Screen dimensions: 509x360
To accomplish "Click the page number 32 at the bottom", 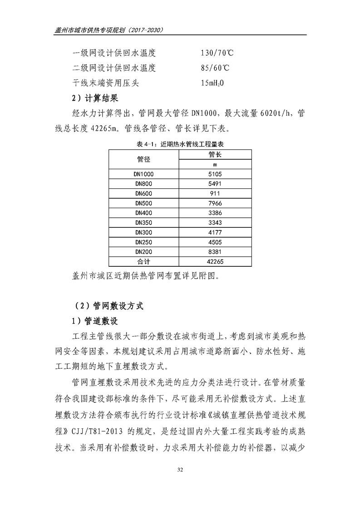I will [180, 482].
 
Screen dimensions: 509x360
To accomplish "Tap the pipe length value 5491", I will [215, 184].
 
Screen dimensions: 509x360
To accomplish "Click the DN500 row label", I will [144, 203].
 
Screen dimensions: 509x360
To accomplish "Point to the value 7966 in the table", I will [215, 203].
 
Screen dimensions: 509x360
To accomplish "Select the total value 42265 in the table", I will [215, 262].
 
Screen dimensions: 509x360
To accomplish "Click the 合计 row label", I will [144, 262].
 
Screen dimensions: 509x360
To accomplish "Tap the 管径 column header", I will [144, 159].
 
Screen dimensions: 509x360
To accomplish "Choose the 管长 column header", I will [215, 155].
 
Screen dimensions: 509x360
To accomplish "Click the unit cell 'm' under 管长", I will [215, 164].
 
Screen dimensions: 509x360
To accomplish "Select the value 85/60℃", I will [214, 68].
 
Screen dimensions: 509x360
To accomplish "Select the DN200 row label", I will [144, 252].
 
